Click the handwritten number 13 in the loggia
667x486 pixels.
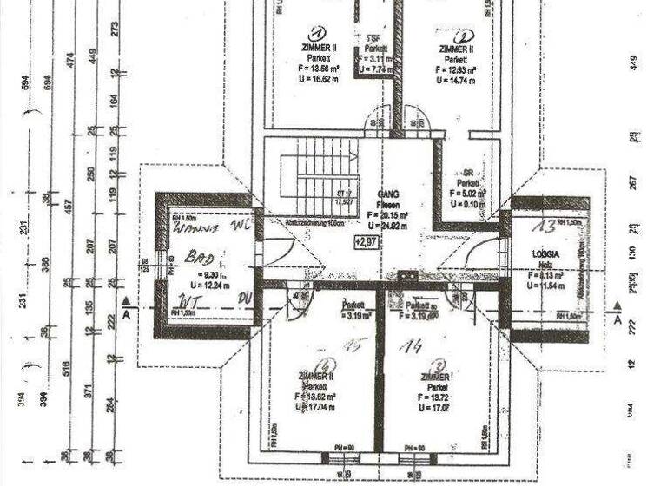[544, 227]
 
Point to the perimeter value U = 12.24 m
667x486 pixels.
[209, 285]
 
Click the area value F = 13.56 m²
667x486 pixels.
[320, 69]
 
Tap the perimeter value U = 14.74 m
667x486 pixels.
[457, 79]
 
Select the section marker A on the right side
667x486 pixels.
[617, 318]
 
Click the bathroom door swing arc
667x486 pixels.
[280, 252]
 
